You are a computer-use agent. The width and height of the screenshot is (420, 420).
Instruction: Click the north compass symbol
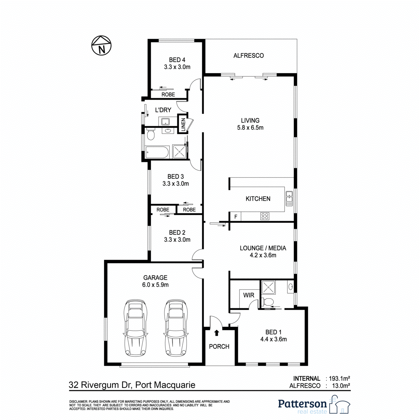click(x=101, y=45)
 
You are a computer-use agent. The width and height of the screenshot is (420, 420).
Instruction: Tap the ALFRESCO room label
click(x=248, y=56)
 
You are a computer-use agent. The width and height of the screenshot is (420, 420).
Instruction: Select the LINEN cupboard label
click(x=183, y=125)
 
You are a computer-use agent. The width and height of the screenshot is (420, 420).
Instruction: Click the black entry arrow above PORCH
click(x=216, y=332)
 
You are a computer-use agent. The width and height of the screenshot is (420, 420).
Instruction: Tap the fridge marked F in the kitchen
click(x=236, y=217)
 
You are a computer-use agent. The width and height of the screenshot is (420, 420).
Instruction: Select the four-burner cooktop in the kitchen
click(x=265, y=216)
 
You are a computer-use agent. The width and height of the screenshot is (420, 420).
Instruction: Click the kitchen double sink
click(x=289, y=198)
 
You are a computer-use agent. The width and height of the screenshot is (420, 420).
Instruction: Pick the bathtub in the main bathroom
click(x=157, y=152)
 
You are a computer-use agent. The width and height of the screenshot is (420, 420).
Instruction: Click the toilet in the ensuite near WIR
click(x=267, y=302)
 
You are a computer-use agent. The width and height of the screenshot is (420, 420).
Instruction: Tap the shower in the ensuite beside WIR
click(x=268, y=287)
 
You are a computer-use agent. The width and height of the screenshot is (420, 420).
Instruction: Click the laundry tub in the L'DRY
click(x=166, y=121)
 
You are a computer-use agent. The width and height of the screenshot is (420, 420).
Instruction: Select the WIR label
click(x=249, y=295)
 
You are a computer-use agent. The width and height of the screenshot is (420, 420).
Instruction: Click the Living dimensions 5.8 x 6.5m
click(x=250, y=127)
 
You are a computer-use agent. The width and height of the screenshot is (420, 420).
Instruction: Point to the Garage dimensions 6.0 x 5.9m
click(x=155, y=285)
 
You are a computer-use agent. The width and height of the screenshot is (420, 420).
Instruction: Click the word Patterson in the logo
click(x=302, y=404)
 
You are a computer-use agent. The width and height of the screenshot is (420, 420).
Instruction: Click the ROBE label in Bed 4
click(x=168, y=94)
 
